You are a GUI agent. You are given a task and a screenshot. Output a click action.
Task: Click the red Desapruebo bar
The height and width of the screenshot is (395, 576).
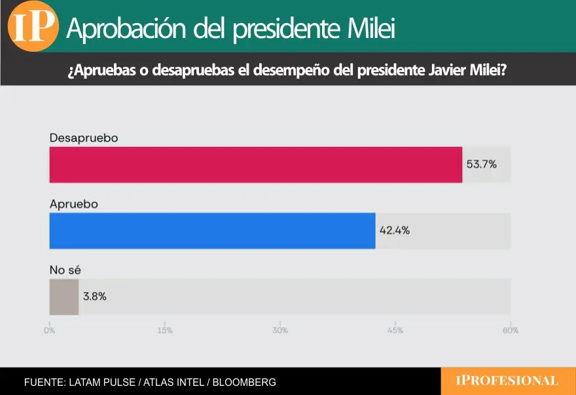[x=256, y=164]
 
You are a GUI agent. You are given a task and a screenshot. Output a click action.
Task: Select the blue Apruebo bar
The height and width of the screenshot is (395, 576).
[x=213, y=231]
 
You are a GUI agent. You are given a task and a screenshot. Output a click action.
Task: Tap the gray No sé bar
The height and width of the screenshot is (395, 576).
[x=64, y=297]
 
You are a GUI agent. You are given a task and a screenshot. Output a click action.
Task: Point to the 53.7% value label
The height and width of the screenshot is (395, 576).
[x=481, y=164]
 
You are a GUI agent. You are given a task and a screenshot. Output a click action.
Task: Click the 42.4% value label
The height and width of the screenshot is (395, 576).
[x=395, y=231]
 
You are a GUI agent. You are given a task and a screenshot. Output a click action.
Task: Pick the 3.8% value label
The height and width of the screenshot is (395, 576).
[x=94, y=297]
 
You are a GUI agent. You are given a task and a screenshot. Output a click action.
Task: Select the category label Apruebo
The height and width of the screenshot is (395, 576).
[x=74, y=204]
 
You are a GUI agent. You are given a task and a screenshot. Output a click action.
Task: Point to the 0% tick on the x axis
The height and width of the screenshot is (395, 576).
[x=50, y=331]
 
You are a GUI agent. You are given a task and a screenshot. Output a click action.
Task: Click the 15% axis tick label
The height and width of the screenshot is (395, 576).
[x=165, y=331]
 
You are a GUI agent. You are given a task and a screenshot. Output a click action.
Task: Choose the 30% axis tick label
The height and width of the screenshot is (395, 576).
[x=280, y=331]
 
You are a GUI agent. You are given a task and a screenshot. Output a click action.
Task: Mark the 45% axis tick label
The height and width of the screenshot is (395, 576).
[x=395, y=331]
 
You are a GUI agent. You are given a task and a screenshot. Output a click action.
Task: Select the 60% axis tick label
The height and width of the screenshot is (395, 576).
[x=511, y=331]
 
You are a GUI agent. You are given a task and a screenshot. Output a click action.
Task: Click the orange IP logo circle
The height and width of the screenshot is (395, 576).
[x=33, y=27]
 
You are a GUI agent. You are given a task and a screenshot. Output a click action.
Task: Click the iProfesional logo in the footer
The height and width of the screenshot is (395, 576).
[x=507, y=381]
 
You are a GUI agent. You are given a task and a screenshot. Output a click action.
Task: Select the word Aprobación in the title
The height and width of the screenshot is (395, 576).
[x=121, y=29]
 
